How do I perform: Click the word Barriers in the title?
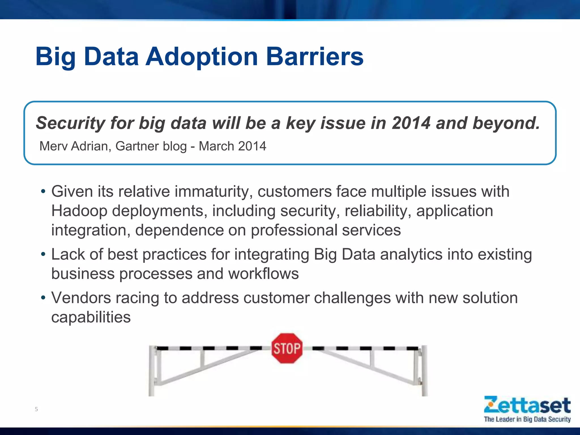[315, 57]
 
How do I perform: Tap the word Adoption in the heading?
[201, 57]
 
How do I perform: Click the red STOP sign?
[287, 348]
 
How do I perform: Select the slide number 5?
[36, 409]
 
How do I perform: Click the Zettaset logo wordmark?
[527, 405]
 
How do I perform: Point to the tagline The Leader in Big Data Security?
[527, 419]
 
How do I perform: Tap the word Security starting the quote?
[71, 123]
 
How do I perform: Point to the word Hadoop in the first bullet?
[79, 211]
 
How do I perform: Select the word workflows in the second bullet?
[263, 274]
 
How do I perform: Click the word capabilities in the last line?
[91, 317]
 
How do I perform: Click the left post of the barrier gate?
[152, 371]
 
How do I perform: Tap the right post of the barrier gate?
[424, 371]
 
